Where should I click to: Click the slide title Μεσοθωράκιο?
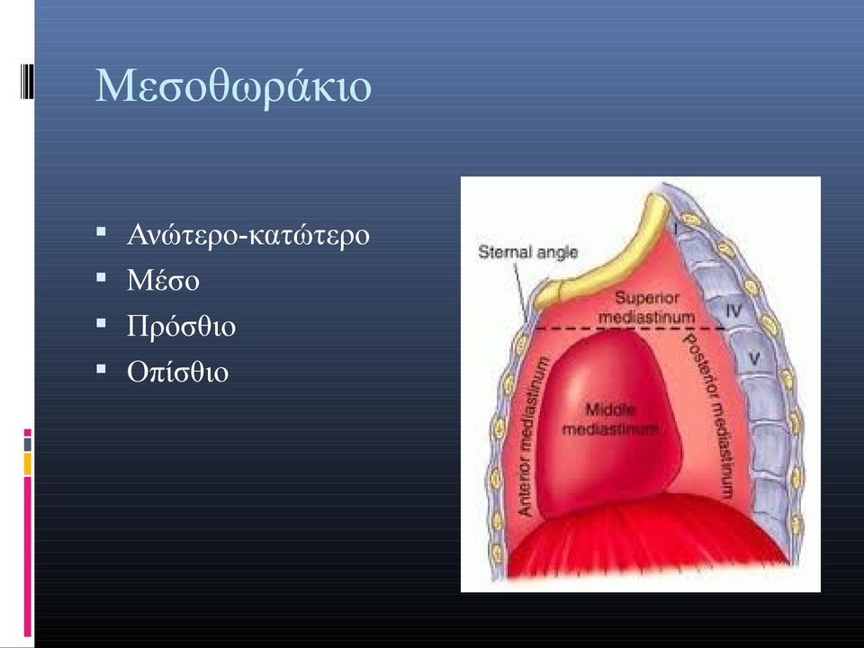coord(234,87)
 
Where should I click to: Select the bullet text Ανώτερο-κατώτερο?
coord(248,235)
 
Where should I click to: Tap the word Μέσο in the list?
coord(163,281)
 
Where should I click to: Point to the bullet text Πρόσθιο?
coord(181,326)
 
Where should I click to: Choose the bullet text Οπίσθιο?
coord(177,372)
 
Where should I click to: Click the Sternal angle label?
coord(528,252)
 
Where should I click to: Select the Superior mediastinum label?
coord(646,308)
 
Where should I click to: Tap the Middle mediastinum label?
coord(610,419)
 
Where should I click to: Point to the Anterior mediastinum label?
coord(533,436)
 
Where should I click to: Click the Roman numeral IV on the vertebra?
coord(734,311)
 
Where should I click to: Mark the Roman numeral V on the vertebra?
coord(754,359)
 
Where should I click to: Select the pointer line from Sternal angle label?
coord(521,292)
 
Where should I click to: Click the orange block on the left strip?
coord(28,464)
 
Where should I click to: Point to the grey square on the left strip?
coord(28,444)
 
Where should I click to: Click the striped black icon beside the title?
coord(27,82)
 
